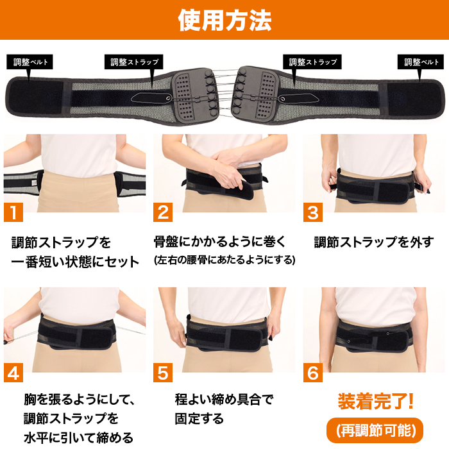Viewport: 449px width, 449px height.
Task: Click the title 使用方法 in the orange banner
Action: click(x=224, y=21)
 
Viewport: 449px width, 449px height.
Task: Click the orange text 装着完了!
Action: click(x=375, y=402)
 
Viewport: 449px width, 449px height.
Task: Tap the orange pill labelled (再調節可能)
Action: click(x=375, y=428)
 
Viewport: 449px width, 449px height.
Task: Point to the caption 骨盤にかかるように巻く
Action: click(x=219, y=242)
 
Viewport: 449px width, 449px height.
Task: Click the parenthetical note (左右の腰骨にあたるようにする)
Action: click(x=224, y=260)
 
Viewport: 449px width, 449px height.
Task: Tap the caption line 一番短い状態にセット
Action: click(x=75, y=262)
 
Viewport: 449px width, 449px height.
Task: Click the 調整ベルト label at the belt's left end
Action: click(x=31, y=62)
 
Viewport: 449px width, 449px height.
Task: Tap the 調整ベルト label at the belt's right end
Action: click(x=421, y=62)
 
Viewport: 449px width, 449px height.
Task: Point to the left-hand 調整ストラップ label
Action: click(x=133, y=62)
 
